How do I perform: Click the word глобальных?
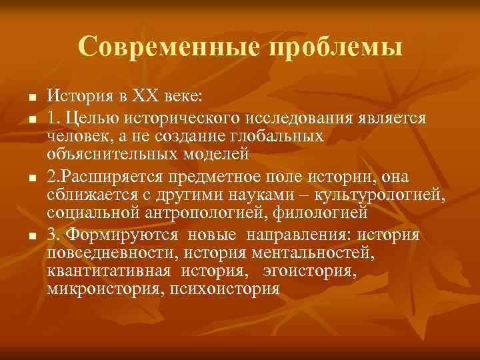pyautogui.click(x=281, y=136)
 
